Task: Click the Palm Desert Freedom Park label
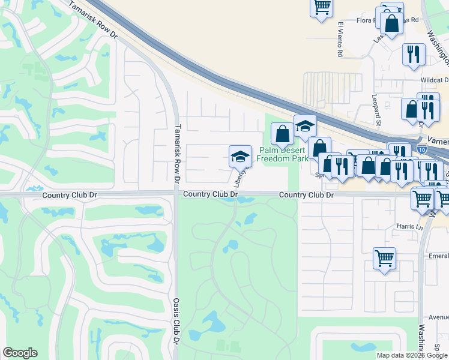tap(283, 154)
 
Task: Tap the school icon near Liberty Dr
tap(240, 157)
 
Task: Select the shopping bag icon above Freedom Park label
tap(282, 134)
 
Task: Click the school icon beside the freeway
tap(305, 126)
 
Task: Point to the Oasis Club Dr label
tap(177, 321)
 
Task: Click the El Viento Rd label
tap(340, 40)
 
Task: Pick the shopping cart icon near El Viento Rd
tap(322, 7)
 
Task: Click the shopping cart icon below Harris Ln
tap(384, 259)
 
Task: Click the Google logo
tap(20, 353)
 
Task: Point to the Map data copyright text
tap(412, 355)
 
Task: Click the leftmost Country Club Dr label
tap(68, 195)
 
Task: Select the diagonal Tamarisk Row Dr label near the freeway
tap(93, 21)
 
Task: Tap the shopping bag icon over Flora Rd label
tap(391, 24)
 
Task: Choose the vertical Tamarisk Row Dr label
tap(177, 154)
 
